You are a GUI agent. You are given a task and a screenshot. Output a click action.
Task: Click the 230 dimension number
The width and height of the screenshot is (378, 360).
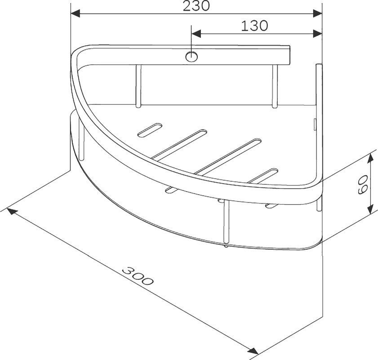(x=197, y=6)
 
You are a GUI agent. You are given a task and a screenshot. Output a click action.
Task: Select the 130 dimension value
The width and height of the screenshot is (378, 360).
(x=254, y=26)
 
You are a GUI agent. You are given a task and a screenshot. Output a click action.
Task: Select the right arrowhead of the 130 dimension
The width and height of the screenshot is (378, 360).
(x=318, y=34)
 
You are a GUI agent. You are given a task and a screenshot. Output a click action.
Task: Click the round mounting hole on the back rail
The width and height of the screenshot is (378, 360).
(x=191, y=57)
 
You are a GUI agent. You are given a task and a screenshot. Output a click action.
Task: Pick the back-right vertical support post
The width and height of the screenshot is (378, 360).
(x=275, y=86)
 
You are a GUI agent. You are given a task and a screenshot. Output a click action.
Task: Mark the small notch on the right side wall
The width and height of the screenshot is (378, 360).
(x=315, y=122)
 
